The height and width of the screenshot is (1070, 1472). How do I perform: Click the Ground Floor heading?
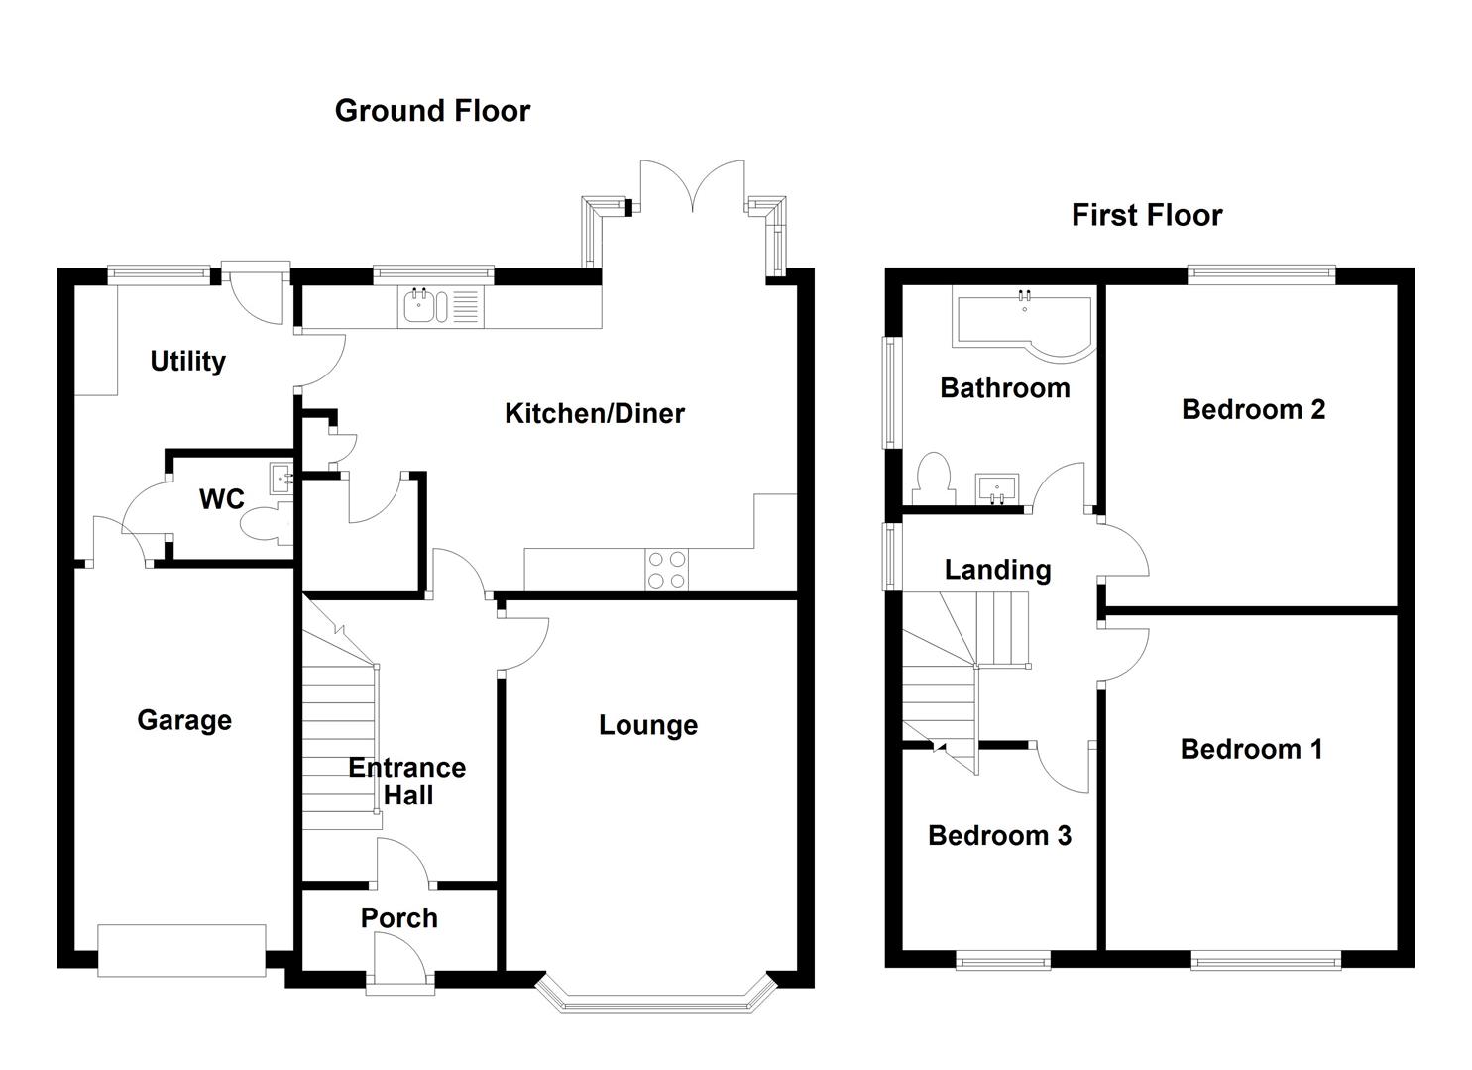(432, 111)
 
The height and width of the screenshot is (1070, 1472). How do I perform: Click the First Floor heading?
(1147, 215)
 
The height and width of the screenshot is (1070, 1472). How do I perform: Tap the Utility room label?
(187, 362)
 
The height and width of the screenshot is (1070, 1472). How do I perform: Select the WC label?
(221, 499)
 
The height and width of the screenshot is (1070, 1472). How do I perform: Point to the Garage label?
(184, 720)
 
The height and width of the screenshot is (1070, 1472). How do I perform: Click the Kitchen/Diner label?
(595, 413)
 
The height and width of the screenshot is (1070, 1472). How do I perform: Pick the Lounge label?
(648, 725)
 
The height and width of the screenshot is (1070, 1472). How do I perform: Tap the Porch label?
(399, 918)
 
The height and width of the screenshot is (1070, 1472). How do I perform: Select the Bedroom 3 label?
(999, 836)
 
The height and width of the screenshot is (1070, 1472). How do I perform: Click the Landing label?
(997, 570)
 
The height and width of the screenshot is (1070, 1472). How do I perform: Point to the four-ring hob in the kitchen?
(666, 570)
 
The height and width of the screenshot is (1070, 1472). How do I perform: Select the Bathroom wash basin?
(996, 488)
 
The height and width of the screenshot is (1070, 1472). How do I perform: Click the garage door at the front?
(181, 950)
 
